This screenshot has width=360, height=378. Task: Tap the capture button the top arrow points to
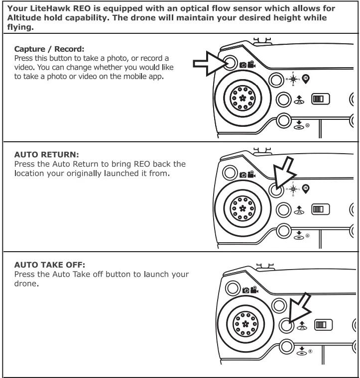coord(231,62)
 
